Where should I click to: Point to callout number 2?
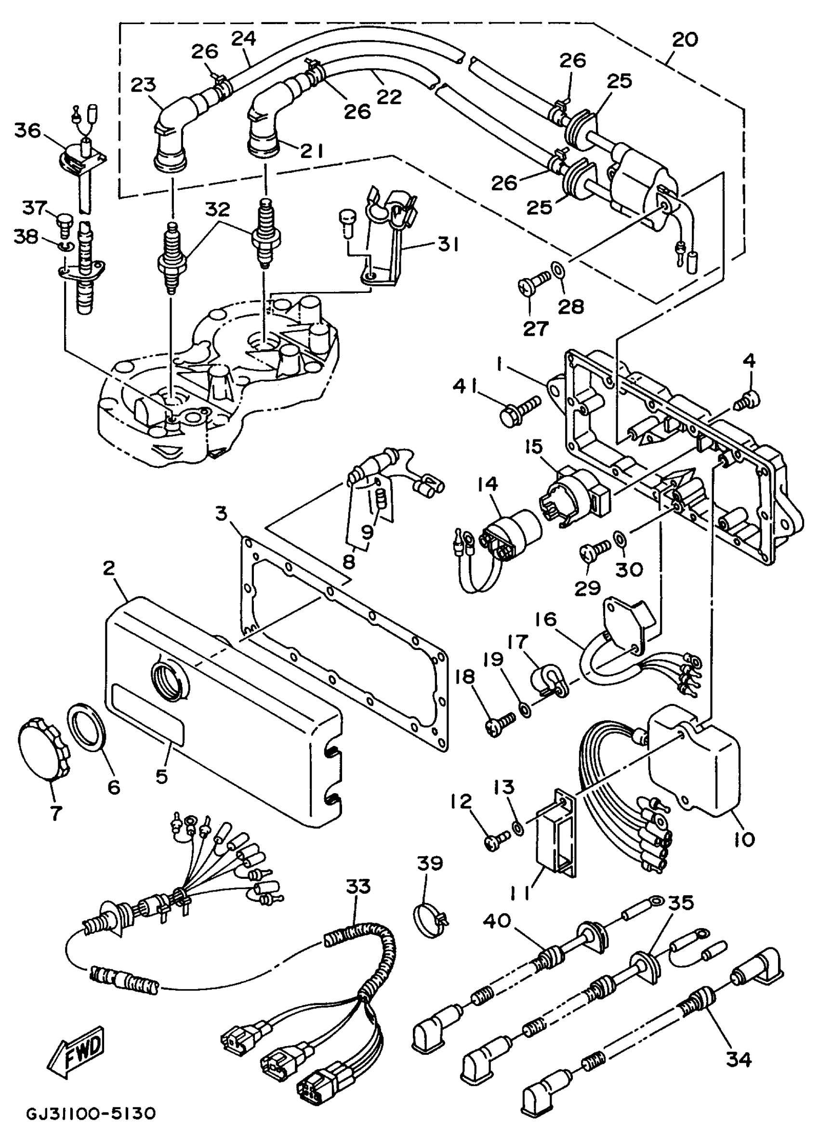(x=109, y=569)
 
